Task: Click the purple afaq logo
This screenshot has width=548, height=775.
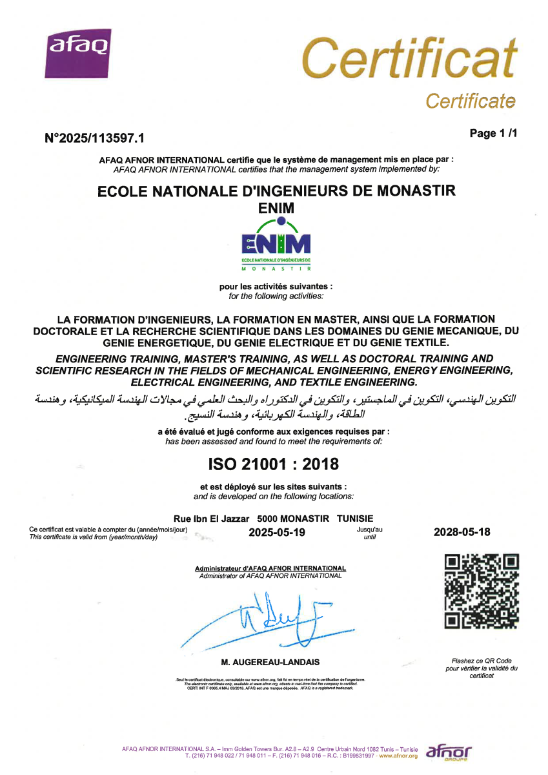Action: (x=79, y=46)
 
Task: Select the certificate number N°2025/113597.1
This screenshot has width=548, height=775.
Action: (x=94, y=138)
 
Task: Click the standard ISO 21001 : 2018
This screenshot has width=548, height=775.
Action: (x=273, y=464)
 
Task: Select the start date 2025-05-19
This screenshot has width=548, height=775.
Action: (x=276, y=533)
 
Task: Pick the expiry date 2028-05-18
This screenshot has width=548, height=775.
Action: (x=462, y=532)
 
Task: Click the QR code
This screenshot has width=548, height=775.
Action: (x=482, y=591)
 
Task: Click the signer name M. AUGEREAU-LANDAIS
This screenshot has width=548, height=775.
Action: (x=270, y=662)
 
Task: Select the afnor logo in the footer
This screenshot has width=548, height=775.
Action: (x=449, y=752)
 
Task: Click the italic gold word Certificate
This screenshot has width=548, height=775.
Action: (x=470, y=101)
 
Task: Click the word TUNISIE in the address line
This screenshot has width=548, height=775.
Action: (x=355, y=519)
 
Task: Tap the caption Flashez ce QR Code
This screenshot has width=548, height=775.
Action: (x=482, y=661)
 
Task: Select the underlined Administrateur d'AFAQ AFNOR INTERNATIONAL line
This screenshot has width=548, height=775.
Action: (x=270, y=568)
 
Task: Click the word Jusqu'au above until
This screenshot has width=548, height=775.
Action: (x=369, y=529)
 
